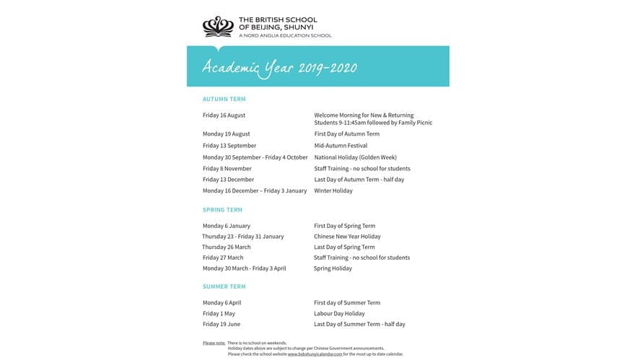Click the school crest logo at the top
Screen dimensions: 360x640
click(x=217, y=27)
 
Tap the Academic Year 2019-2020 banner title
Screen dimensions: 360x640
click(x=279, y=67)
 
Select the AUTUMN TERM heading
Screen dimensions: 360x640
click(x=224, y=99)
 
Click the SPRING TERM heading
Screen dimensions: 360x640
click(x=222, y=210)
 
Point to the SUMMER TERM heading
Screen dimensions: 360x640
click(x=224, y=286)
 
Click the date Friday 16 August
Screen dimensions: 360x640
click(x=224, y=115)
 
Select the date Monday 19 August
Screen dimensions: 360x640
click(x=226, y=134)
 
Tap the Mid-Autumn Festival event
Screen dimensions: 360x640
click(x=341, y=146)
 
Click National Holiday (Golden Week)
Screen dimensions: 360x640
click(x=355, y=157)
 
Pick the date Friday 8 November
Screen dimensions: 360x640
click(x=227, y=169)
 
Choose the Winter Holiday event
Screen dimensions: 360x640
click(x=333, y=191)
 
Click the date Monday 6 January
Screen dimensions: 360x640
click(x=226, y=226)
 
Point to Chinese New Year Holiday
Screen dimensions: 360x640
click(x=347, y=237)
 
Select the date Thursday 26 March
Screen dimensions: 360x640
click(x=226, y=247)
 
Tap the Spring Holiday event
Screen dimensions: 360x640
click(x=333, y=268)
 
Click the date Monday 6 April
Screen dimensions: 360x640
click(x=222, y=303)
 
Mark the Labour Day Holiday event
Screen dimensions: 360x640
click(x=339, y=314)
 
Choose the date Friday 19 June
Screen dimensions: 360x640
click(x=221, y=325)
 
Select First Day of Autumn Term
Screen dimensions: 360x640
click(x=346, y=134)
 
